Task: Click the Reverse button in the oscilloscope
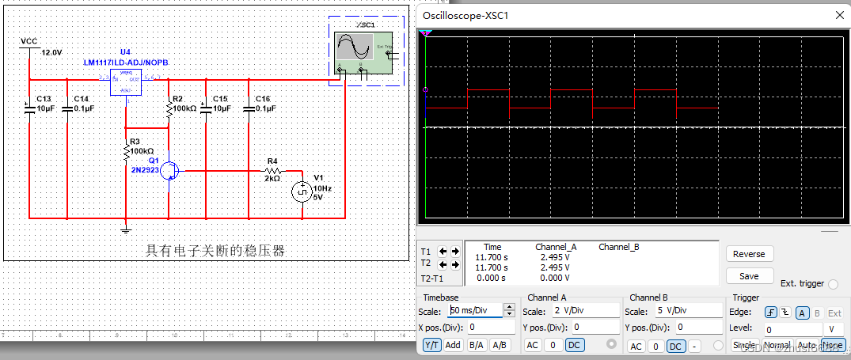click(749, 254)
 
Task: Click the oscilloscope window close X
click(839, 14)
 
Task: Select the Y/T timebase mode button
click(432, 345)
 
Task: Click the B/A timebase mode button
click(477, 345)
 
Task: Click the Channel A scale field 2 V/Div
click(585, 311)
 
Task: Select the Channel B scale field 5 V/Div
click(688, 311)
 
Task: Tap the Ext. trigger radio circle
click(831, 283)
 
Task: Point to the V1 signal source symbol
click(302, 192)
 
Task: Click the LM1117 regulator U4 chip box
click(125, 81)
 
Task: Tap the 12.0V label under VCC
click(51, 52)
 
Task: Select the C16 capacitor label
click(264, 99)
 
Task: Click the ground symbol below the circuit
click(124, 230)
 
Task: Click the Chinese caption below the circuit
click(215, 251)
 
